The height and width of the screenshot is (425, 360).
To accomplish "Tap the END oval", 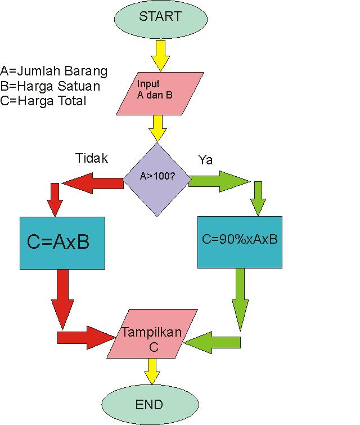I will [x=149, y=404].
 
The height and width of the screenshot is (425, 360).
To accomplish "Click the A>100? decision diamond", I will [x=157, y=179].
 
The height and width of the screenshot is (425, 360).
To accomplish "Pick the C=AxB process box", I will [x=62, y=242].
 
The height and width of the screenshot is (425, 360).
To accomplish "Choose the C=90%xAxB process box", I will [x=240, y=239].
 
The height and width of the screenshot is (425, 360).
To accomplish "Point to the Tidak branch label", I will [x=92, y=158].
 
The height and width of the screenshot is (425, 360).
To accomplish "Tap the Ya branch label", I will [x=205, y=160].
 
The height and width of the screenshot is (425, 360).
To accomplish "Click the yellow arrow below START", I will [x=160, y=56].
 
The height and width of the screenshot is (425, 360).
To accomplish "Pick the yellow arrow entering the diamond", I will [x=158, y=128].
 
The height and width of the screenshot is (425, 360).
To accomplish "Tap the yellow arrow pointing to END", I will [x=151, y=371].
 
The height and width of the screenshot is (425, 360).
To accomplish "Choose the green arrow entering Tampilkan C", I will [x=214, y=342].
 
